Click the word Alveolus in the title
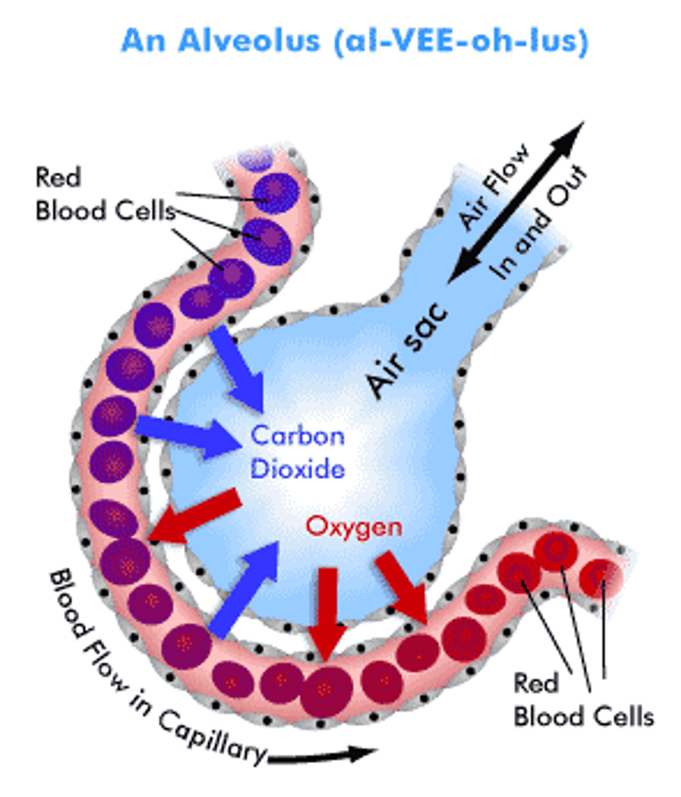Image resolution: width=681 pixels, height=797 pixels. click(256, 41)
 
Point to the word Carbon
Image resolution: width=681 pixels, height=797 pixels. click(298, 436)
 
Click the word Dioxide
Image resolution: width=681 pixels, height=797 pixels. click(298, 470)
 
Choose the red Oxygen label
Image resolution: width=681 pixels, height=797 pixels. click(354, 527)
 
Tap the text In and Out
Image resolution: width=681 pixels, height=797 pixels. click(539, 224)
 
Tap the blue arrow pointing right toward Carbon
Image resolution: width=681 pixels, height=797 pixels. click(187, 434)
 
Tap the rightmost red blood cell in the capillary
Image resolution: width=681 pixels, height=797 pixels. click(601, 575)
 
